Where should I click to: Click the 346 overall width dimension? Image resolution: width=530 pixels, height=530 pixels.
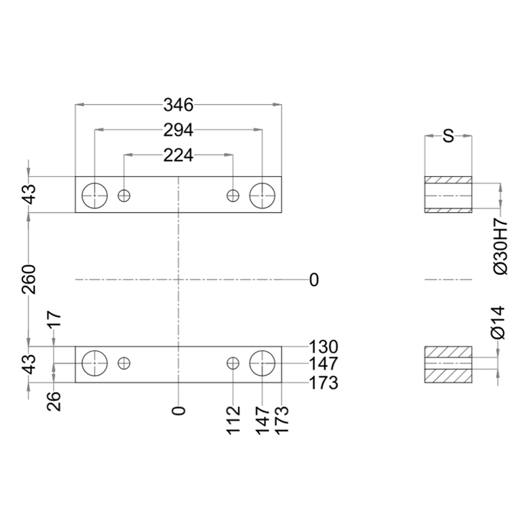point(178,105)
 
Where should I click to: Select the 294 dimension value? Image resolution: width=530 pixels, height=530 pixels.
point(178,130)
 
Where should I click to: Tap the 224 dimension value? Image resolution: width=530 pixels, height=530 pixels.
point(178,156)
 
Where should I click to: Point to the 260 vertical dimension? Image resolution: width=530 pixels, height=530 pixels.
point(28,279)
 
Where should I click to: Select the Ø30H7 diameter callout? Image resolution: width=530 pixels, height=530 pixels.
point(500,246)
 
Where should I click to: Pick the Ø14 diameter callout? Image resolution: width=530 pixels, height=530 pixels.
point(499,323)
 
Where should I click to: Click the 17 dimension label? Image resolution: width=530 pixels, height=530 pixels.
point(54,319)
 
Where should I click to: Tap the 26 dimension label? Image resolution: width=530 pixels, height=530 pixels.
point(54,401)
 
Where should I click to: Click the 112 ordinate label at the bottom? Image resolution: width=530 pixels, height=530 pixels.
point(233,421)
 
